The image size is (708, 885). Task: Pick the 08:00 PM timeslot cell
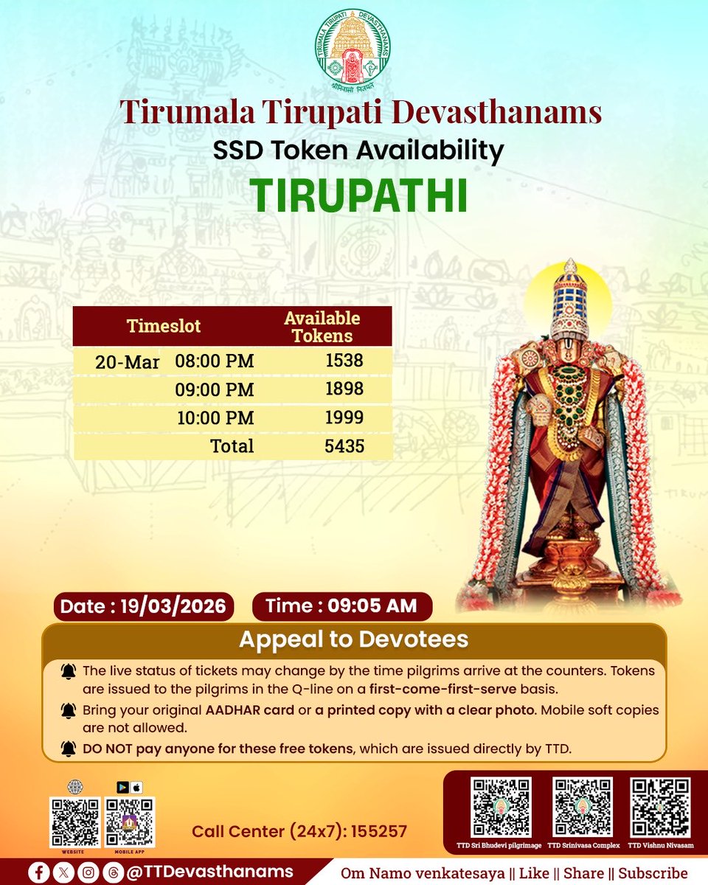tap(215, 361)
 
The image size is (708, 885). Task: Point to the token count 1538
tap(344, 361)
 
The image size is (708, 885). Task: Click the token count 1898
tap(344, 389)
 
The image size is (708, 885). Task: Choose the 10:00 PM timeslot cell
tap(215, 418)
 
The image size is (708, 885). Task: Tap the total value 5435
tap(344, 446)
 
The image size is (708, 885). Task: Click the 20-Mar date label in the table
tap(127, 363)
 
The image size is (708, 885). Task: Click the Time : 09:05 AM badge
tap(341, 606)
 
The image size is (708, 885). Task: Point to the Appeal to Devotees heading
tap(353, 639)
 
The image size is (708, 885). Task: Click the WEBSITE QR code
tap(74, 821)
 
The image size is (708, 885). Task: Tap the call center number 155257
tap(379, 832)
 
